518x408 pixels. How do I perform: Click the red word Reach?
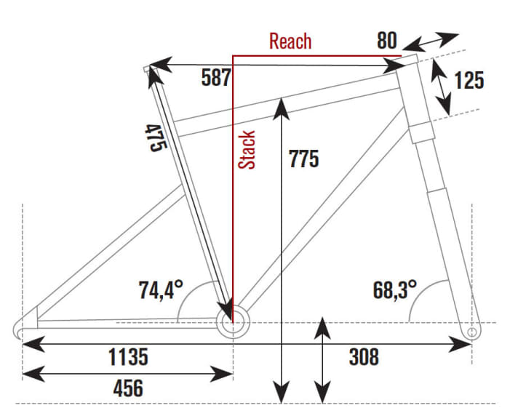pyautogui.click(x=290, y=41)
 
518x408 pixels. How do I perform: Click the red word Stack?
pyautogui.click(x=248, y=150)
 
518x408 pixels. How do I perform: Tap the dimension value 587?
pyautogui.click(x=216, y=77)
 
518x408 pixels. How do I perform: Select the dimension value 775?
pyautogui.click(x=303, y=158)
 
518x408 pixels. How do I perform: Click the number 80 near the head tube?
pyautogui.click(x=386, y=40)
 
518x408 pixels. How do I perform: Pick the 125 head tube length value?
pyautogui.click(x=469, y=79)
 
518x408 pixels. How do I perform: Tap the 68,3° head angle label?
pyautogui.click(x=394, y=289)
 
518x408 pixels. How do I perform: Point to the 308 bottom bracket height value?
pyautogui.click(x=363, y=357)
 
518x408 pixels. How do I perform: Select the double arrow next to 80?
pyautogui.click(x=435, y=41)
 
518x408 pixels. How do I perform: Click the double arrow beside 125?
pyautogui.click(x=439, y=86)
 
